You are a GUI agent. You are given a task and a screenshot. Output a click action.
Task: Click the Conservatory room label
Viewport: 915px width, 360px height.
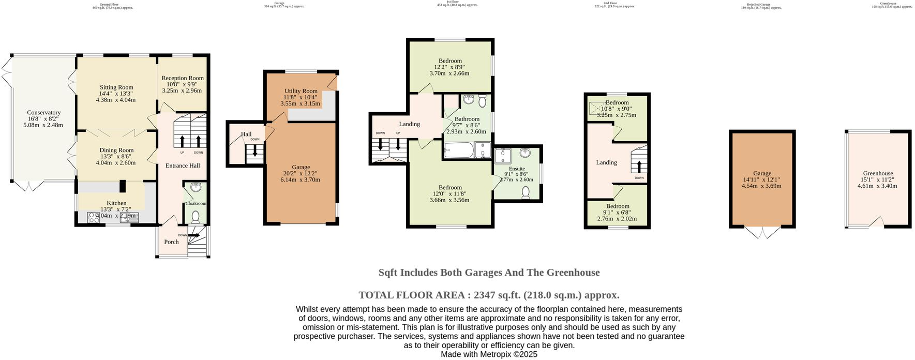point(44,112)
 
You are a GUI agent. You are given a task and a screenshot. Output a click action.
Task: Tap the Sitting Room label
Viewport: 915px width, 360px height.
point(116,87)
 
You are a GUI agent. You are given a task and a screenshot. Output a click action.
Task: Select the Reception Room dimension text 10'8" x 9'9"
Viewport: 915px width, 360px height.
point(182,84)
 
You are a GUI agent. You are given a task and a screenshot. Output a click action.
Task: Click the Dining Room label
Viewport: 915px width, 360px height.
point(116,150)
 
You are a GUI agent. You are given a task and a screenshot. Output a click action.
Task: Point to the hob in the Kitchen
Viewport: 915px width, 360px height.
point(93,218)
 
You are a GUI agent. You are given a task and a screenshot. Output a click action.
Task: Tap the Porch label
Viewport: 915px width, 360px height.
point(171,242)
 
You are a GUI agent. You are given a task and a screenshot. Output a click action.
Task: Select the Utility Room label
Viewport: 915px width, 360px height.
point(301,91)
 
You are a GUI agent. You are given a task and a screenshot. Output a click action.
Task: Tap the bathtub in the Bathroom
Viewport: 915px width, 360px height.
point(458,151)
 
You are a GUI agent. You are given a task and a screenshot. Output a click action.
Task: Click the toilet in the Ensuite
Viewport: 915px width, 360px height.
point(526,192)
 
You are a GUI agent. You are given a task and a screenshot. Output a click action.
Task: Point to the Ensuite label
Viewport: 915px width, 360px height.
point(517,169)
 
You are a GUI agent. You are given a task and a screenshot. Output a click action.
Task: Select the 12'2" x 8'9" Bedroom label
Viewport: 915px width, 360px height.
point(449,61)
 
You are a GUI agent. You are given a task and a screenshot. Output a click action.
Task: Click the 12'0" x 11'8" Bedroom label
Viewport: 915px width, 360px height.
point(450,187)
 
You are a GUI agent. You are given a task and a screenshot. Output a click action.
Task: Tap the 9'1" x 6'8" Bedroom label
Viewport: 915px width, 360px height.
point(618,206)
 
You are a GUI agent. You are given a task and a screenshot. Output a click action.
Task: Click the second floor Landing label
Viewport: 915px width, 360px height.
point(606,162)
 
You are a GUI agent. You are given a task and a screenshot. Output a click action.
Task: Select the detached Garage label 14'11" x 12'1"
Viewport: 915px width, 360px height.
point(762,173)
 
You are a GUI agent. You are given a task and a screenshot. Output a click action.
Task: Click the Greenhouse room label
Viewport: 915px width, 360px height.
point(878,173)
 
